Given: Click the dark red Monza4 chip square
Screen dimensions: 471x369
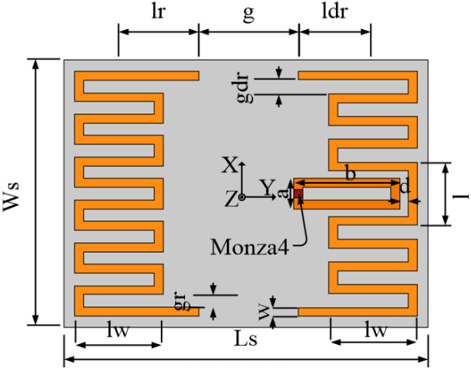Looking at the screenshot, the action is coord(298,194).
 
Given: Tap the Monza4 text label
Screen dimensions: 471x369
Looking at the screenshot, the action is coord(249,247).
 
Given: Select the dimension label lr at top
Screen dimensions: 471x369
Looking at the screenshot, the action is coord(158,12).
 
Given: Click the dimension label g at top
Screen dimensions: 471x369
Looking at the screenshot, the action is coord(248,14).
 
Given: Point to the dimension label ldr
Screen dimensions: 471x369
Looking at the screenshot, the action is coord(334,12).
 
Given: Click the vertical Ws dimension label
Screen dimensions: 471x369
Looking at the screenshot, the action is coord(12,197).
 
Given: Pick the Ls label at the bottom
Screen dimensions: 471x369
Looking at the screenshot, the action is coord(246,338).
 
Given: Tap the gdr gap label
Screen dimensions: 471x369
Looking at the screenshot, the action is coord(243,88).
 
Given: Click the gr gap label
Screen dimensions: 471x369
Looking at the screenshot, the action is coord(182,301).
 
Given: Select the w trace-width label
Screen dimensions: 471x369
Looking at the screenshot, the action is coord(264,312).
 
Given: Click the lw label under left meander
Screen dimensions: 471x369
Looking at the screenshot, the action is coord(118,330).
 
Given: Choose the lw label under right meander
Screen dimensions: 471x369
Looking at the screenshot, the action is coord(375,330).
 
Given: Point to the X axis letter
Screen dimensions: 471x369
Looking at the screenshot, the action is coord(230,164).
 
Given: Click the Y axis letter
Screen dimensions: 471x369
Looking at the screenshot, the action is coord(267,187).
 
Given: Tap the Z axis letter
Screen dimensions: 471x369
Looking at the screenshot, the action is coord(231,200).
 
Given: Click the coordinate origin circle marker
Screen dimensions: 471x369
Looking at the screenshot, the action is coord(242,197).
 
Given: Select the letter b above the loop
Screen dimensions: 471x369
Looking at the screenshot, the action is coord(350,173).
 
